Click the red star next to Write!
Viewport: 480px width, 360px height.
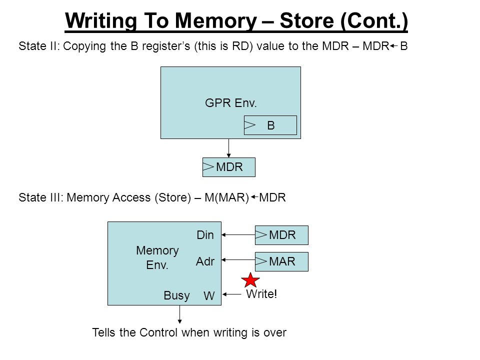coord(250,280)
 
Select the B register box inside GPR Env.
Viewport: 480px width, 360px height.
coord(270,125)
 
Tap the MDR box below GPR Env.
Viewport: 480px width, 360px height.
coord(229,167)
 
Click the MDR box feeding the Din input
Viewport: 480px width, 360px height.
coord(281,235)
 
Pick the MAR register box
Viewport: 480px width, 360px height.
coord(281,261)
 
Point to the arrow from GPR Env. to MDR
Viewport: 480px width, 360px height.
coord(228,148)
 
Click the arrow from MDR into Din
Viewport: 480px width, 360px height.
coord(238,235)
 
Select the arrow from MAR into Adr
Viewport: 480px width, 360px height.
coord(238,260)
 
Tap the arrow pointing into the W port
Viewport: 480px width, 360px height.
coord(231,294)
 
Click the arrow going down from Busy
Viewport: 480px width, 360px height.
coord(179,314)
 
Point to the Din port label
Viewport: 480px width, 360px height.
coord(205,235)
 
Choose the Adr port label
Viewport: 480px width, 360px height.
coord(205,261)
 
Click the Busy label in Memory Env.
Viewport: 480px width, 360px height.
coord(176,295)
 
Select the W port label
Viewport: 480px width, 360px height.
coord(209,295)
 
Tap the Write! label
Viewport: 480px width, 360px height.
coord(261,294)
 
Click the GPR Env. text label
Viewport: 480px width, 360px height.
coord(231,103)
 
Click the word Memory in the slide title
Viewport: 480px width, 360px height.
coord(216,20)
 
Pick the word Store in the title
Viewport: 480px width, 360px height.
coord(306,20)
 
